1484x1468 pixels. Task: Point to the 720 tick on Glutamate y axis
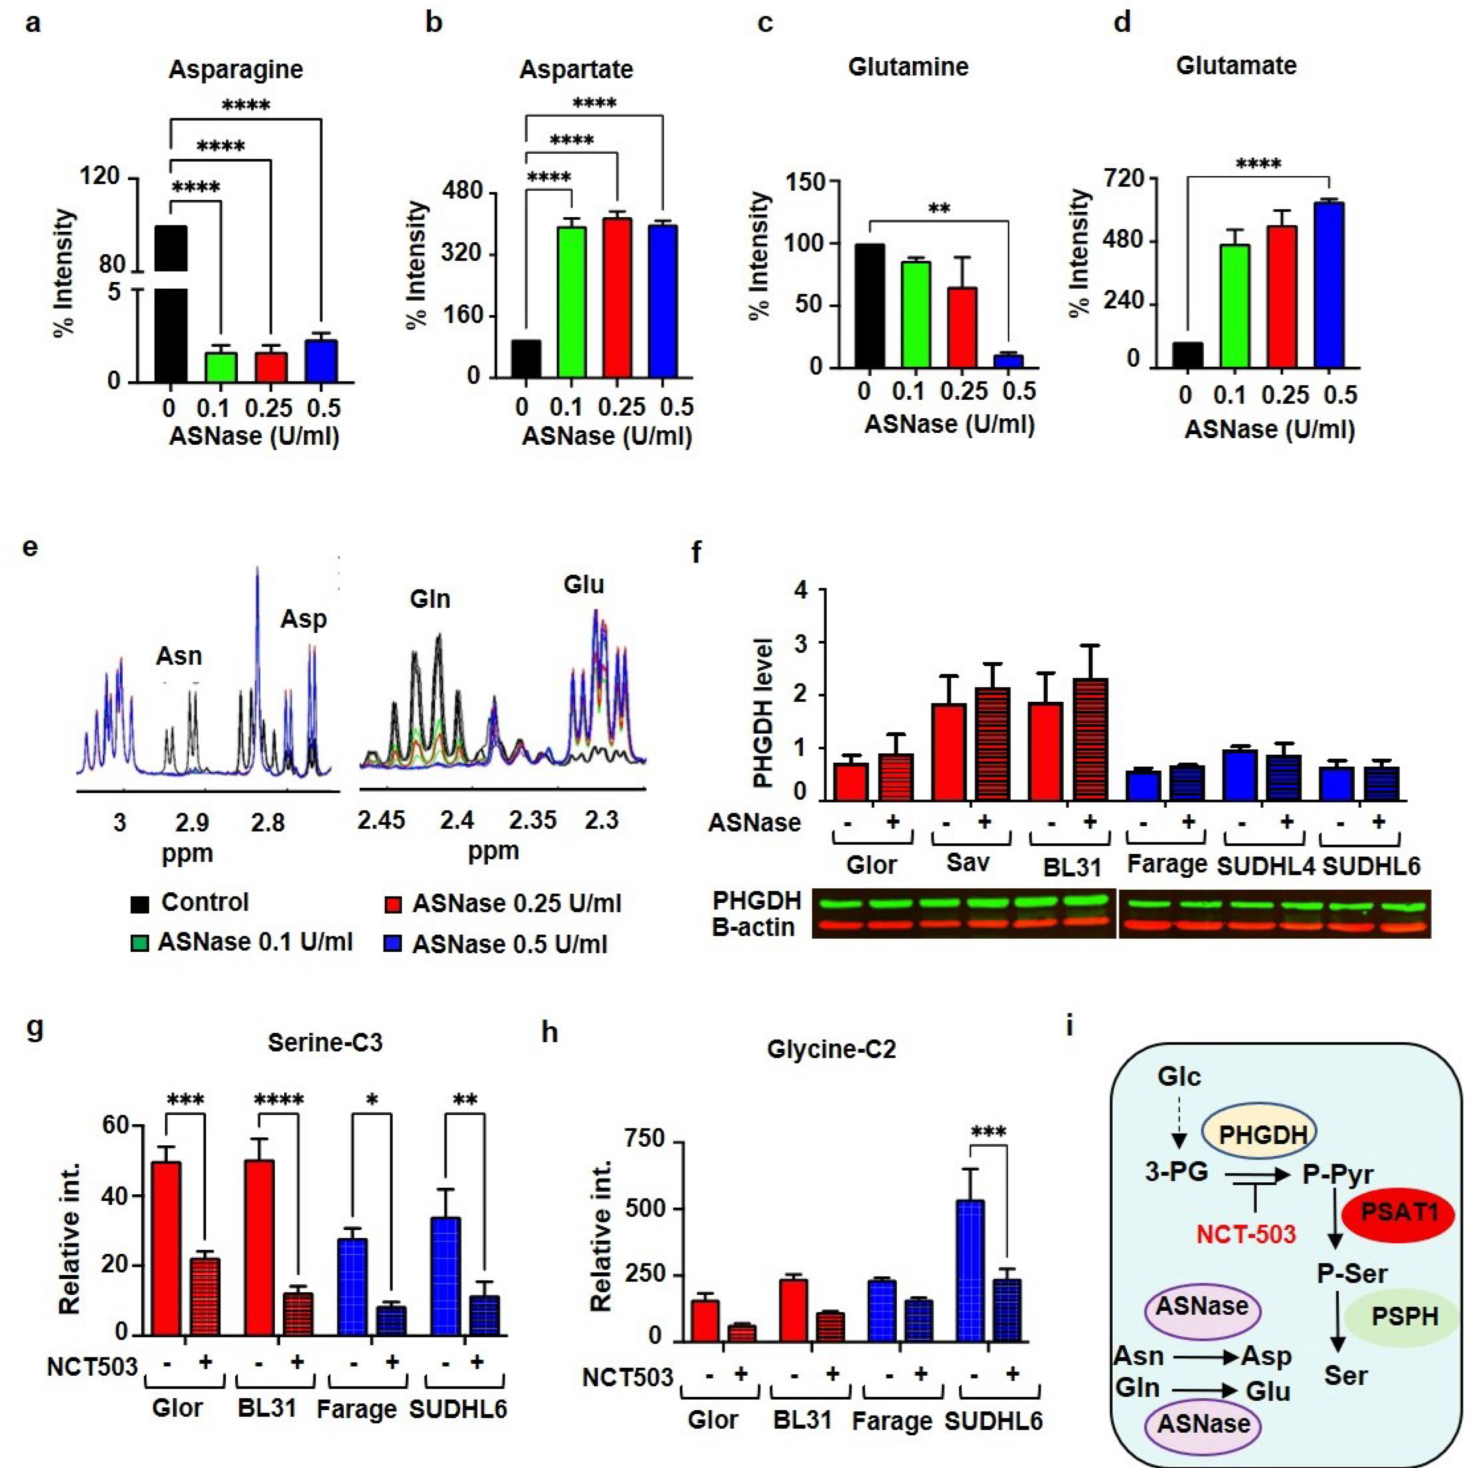click(1123, 179)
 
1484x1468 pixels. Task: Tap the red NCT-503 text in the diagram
click(1246, 1234)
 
